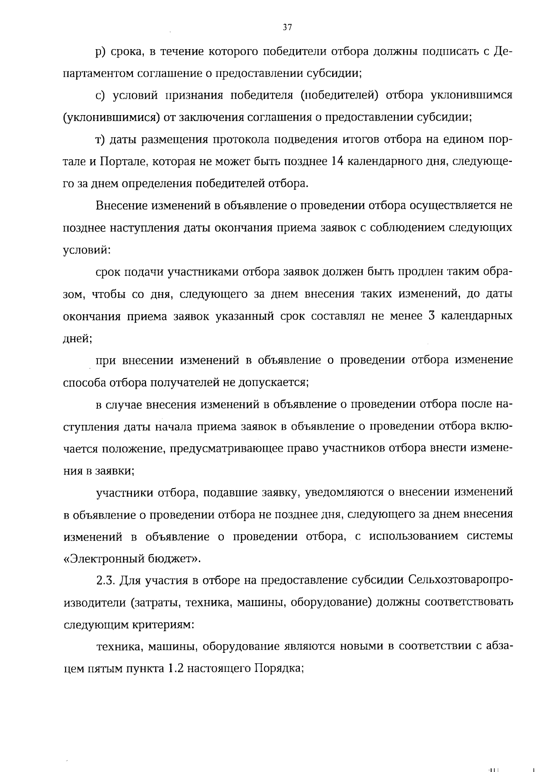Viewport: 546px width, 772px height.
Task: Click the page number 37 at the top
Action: point(287,27)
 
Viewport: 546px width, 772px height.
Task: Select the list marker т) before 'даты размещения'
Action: point(101,140)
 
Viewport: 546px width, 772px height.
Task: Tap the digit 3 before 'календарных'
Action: point(433,316)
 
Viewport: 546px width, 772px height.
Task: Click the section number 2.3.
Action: point(106,580)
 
